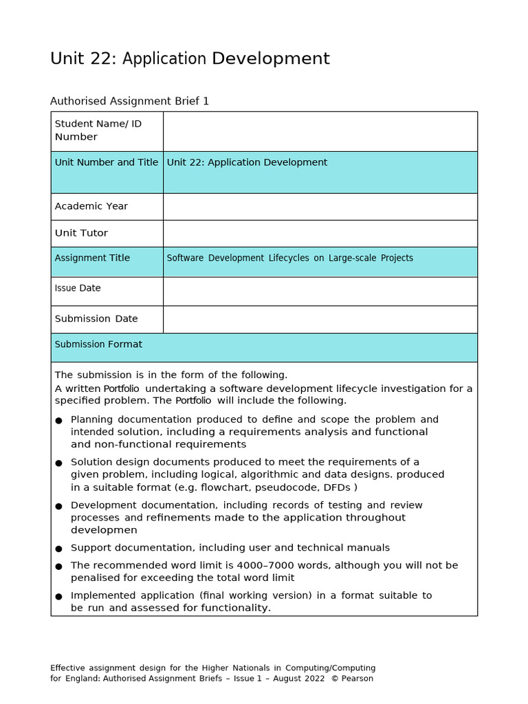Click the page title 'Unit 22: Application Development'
[x=190, y=59]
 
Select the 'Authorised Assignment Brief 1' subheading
[x=129, y=101]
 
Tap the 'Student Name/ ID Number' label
[x=98, y=130]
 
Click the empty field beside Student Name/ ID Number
[x=320, y=131]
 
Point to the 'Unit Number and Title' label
[x=106, y=162]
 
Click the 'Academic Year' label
[x=91, y=206]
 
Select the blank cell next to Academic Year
[x=320, y=206]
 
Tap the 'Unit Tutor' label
[x=81, y=233]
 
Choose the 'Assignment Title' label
[x=92, y=258]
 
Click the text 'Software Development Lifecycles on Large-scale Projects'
[x=289, y=258]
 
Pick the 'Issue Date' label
[x=78, y=288]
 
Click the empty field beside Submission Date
[x=320, y=319]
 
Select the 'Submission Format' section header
[x=98, y=344]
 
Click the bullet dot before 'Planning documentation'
[x=58, y=420]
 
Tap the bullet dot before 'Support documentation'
[x=58, y=549]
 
